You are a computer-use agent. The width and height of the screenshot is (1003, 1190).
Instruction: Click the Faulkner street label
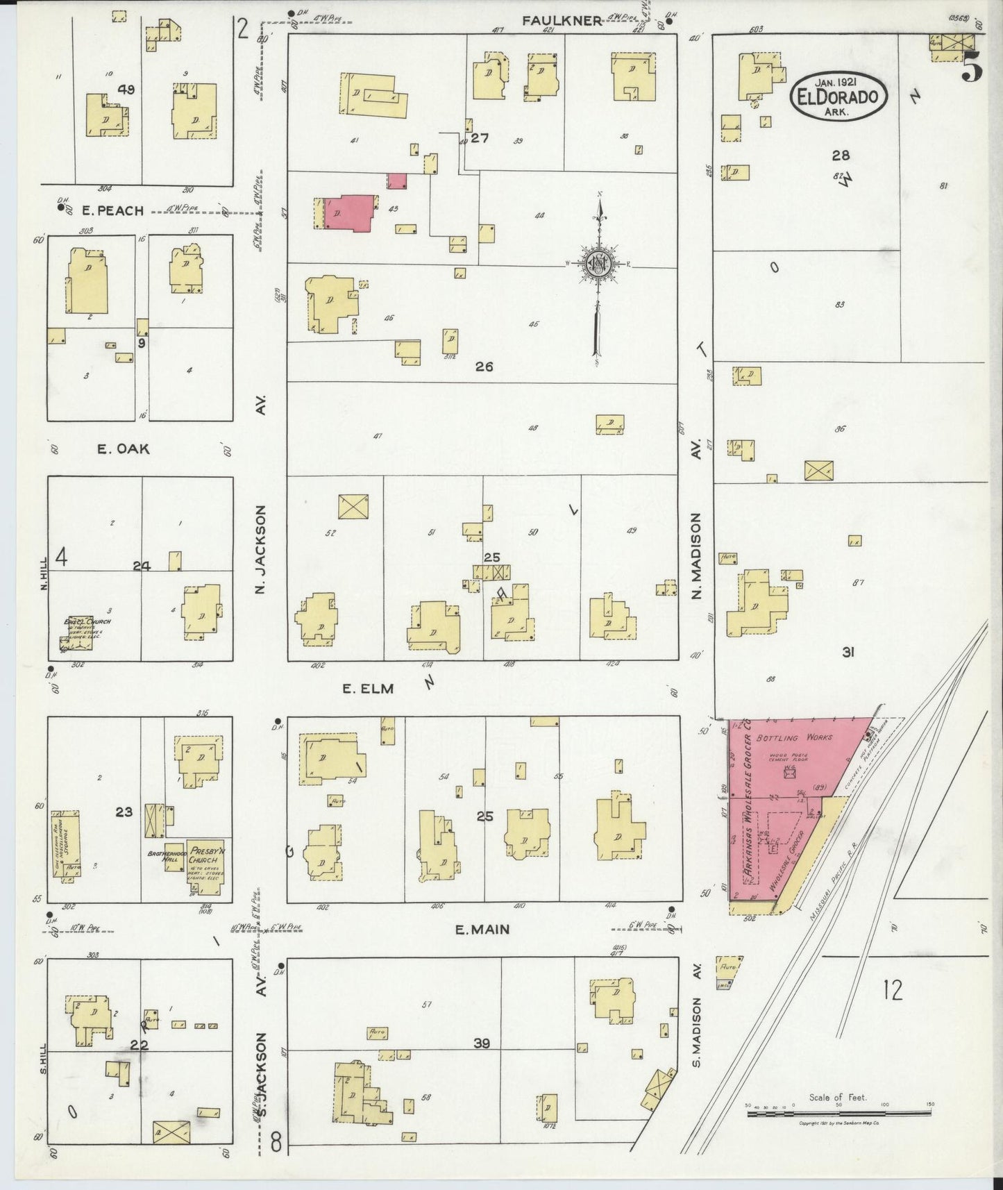click(562, 21)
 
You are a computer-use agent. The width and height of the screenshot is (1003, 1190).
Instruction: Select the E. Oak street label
click(123, 449)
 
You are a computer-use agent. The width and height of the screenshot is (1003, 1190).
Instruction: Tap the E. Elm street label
click(368, 689)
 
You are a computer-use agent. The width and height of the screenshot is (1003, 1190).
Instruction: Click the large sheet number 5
click(972, 67)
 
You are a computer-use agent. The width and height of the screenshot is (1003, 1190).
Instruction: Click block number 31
click(848, 652)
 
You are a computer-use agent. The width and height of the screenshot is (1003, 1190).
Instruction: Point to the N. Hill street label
click(43, 576)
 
